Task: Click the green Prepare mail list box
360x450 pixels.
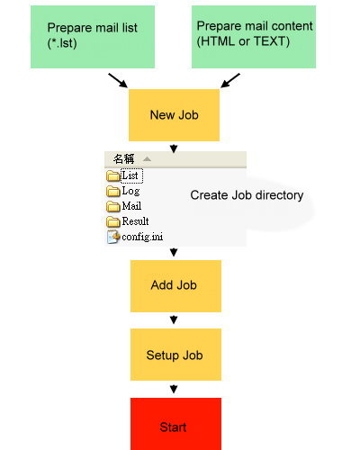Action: (93, 37)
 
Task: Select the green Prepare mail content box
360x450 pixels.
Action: (254, 37)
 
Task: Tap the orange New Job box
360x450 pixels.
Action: (174, 115)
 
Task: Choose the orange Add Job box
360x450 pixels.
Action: (175, 286)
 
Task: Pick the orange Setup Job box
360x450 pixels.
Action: (175, 355)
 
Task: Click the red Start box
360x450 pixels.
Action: (175, 424)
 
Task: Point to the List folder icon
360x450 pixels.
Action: (113, 175)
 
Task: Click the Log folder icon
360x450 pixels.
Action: (113, 191)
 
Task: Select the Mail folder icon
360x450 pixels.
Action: (113, 206)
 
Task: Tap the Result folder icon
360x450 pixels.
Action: (113, 221)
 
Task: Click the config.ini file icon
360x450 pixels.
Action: (113, 237)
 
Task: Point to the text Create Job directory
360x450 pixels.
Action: (247, 195)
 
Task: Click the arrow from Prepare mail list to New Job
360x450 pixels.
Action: (118, 80)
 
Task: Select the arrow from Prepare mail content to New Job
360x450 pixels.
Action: (230, 80)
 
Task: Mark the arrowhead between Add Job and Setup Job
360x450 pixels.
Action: (174, 319)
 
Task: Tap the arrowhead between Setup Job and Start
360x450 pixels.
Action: (174, 389)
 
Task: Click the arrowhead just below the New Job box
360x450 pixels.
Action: (174, 148)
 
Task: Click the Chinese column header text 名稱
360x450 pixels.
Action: (123, 159)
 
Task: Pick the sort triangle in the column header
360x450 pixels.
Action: (147, 158)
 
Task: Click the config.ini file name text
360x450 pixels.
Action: (142, 237)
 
